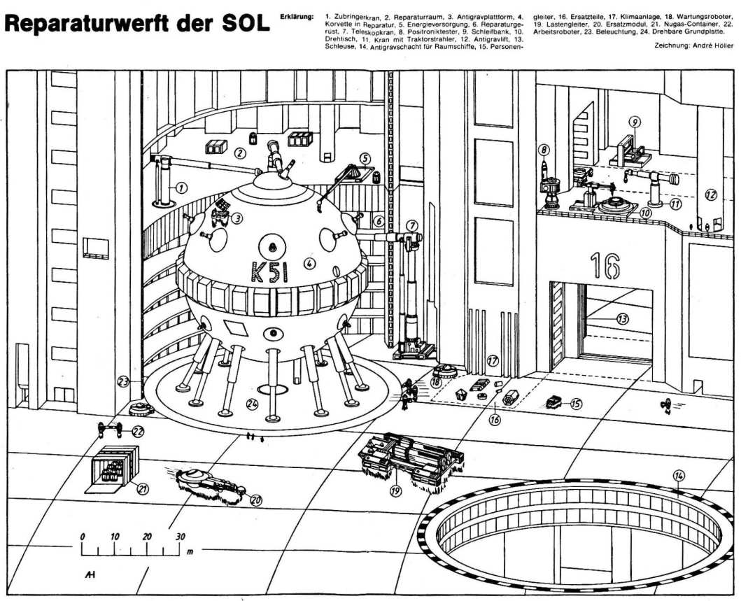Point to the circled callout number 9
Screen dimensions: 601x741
pyautogui.click(x=634, y=122)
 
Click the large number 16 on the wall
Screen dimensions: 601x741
pyautogui.click(x=605, y=265)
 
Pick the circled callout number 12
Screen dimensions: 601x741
pyautogui.click(x=710, y=195)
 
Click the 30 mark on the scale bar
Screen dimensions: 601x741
pyautogui.click(x=180, y=537)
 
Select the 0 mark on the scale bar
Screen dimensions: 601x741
pyautogui.click(x=83, y=537)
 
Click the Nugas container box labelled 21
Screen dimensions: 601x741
pyautogui.click(x=112, y=465)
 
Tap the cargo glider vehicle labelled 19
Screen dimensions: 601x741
pyautogui.click(x=409, y=458)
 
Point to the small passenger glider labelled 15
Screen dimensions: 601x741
pyautogui.click(x=554, y=402)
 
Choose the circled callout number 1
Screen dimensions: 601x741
pyautogui.click(x=181, y=188)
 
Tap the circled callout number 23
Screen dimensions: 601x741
pyautogui.click(x=124, y=382)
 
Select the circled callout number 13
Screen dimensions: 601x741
pyautogui.click(x=622, y=318)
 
